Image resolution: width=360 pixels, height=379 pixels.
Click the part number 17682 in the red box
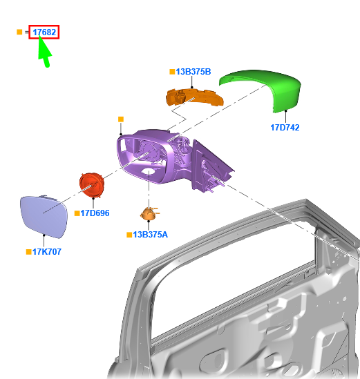(x=44, y=32)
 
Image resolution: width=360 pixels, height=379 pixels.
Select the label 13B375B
(x=193, y=72)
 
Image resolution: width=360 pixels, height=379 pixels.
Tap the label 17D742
(x=285, y=128)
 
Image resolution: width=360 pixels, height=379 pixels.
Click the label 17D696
(x=95, y=213)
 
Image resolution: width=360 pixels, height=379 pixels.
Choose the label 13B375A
(x=150, y=235)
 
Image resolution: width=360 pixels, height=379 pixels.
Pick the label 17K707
(x=47, y=251)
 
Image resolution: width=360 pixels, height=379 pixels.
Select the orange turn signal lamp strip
(x=194, y=97)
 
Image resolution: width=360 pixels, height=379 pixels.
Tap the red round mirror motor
(x=92, y=185)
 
